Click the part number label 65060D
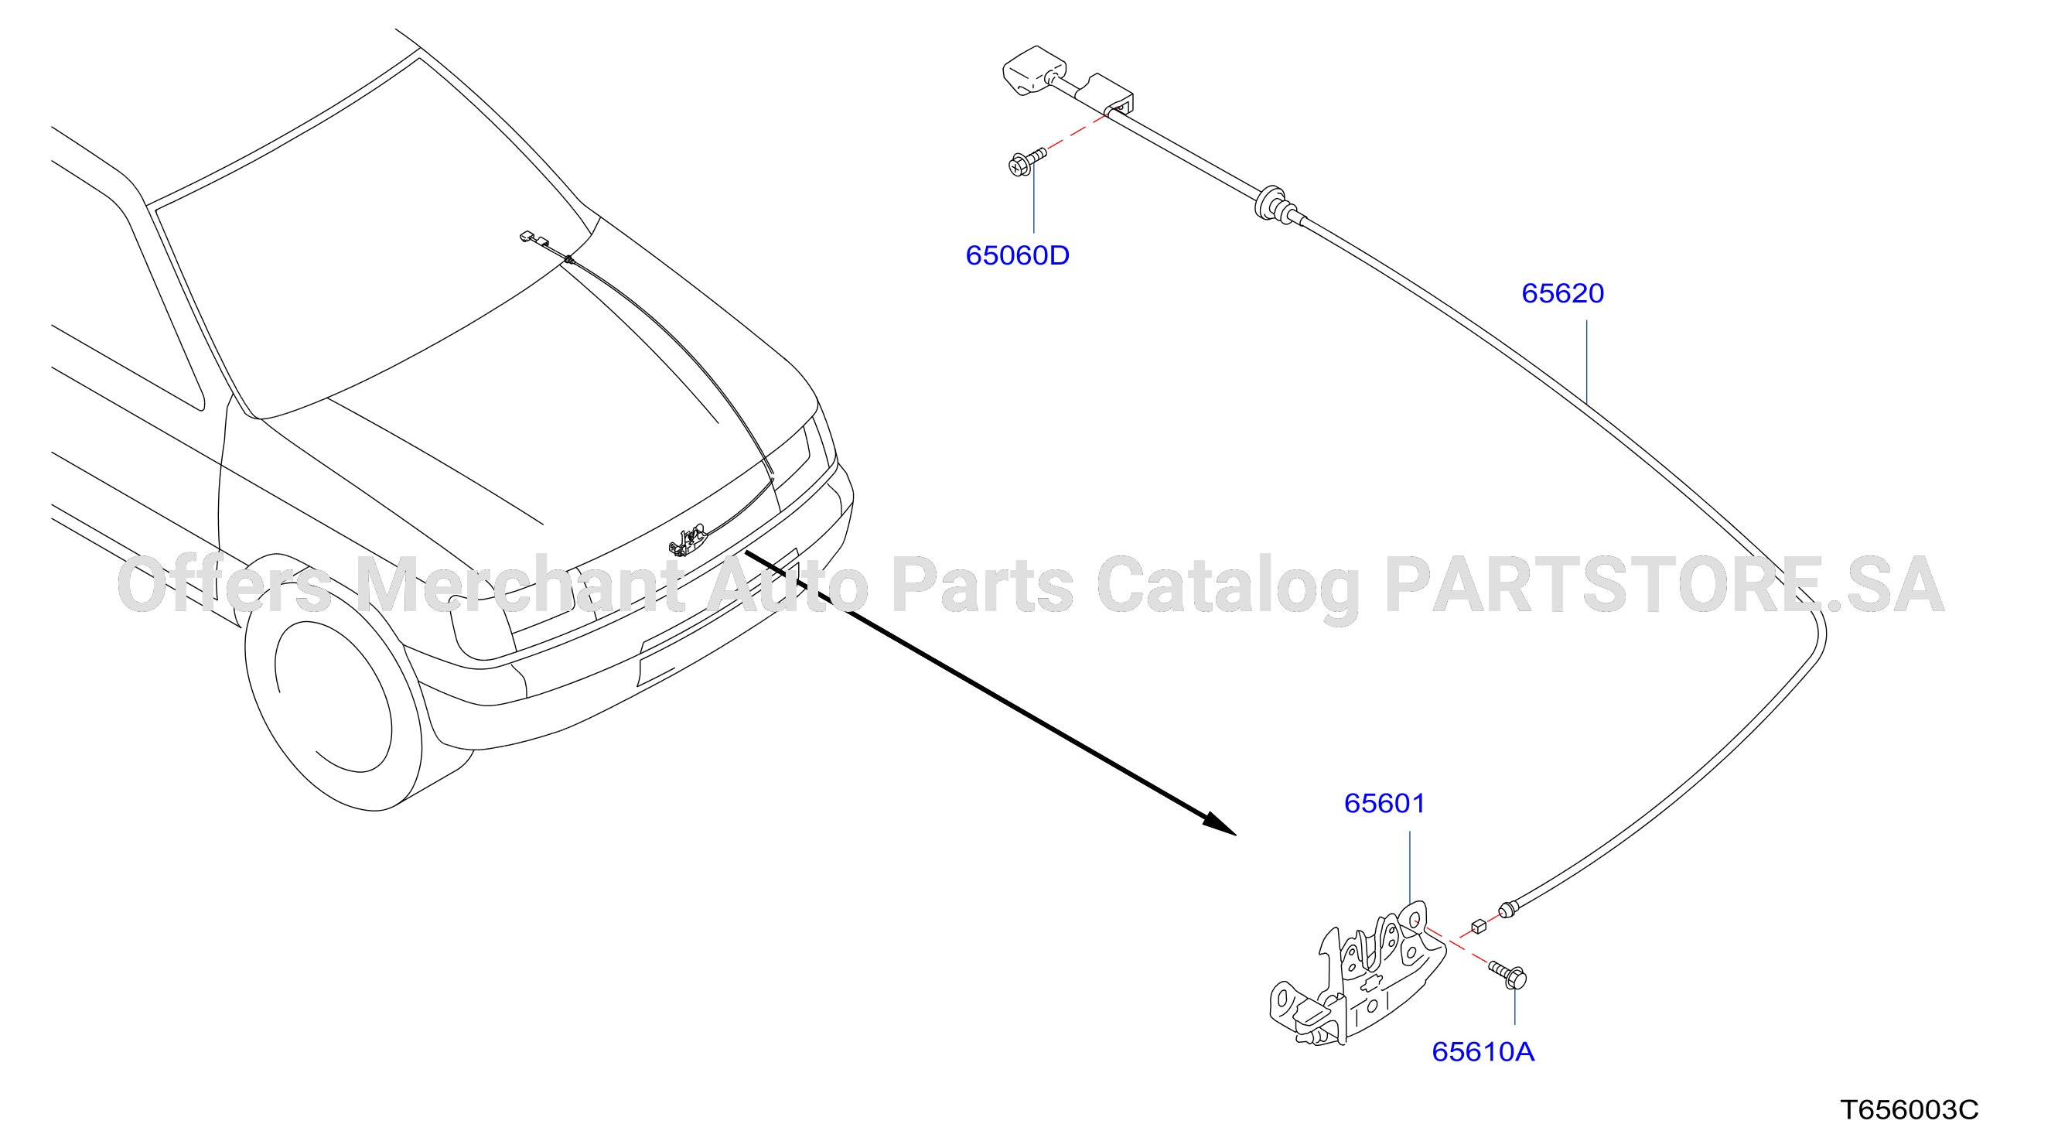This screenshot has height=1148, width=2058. (x=1017, y=255)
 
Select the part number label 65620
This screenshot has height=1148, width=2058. (x=1563, y=293)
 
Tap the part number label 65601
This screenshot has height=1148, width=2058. (x=1384, y=803)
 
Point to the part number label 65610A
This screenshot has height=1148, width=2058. (x=1483, y=1051)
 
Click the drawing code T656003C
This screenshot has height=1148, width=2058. (x=1910, y=1109)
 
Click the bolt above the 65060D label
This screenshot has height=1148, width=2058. (x=1027, y=162)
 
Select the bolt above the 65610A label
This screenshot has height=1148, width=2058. (x=1507, y=975)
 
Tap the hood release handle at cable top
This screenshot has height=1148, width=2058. (x=1035, y=70)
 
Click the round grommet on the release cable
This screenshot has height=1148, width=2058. (x=1269, y=203)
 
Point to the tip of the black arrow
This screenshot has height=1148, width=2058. (x=1237, y=835)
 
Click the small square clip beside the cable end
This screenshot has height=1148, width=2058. (x=1479, y=927)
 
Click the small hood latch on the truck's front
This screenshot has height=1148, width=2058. (x=688, y=540)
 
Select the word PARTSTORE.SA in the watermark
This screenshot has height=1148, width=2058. (x=1665, y=586)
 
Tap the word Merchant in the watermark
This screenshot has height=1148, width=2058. (x=519, y=586)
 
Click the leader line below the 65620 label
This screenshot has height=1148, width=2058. (x=1587, y=361)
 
